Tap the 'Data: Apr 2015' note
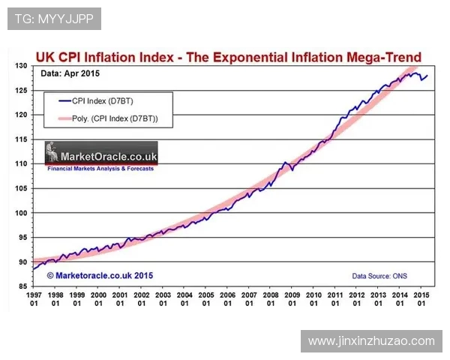coord(70,73)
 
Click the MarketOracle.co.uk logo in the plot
coord(101,154)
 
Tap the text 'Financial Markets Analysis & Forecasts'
coord(100,169)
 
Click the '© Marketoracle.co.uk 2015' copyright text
coord(100,276)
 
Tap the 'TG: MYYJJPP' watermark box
coord(54,19)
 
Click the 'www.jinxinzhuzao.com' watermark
coord(371,340)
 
